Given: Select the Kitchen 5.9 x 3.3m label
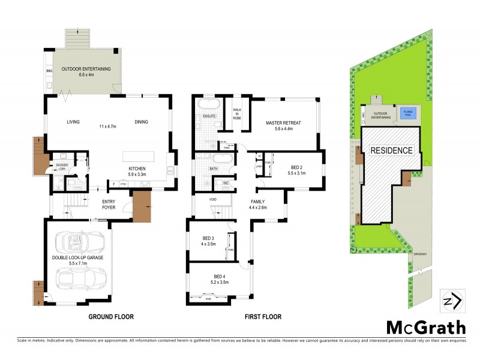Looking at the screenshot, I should pos(137,172).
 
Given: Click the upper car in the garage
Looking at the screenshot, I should pos(80,243).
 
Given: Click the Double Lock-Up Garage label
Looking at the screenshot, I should pos(77,260).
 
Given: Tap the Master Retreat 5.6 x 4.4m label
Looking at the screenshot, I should pos(283,126).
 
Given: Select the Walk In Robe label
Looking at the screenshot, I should pos(236,113).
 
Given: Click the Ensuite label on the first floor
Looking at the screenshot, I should pos(209,115).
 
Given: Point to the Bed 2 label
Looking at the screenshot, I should pos(297,170).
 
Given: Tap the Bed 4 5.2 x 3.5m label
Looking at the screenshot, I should pos(220,279).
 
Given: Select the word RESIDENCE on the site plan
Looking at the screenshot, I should pos(391,151).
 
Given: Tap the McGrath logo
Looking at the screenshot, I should pos(425,328).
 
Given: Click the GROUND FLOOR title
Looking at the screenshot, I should pos(111,317).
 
